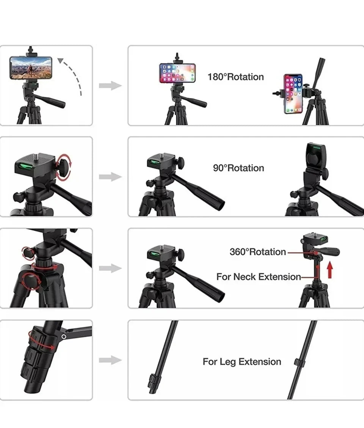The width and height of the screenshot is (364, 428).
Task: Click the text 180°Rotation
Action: tap(235, 77)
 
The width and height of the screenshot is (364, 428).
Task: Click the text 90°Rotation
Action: tap(238, 168)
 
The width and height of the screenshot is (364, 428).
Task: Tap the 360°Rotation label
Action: tap(257, 252)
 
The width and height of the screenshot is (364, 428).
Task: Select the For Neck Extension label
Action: tap(259, 277)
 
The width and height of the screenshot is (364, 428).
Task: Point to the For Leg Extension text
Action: tap(242, 362)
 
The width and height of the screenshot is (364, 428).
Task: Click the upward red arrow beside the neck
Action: tap(330, 271)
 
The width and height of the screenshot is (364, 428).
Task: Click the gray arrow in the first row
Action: tap(110, 86)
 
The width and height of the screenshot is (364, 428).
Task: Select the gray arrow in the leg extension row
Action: tap(110, 360)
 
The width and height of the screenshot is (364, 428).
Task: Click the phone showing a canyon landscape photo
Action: tap(31, 68)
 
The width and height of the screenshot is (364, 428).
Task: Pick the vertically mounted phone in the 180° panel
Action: tap(293, 94)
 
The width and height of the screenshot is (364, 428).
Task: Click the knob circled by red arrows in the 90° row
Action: tap(64, 167)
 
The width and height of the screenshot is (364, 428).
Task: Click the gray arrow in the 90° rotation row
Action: tap(110, 177)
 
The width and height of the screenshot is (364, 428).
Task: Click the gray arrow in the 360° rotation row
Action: tap(110, 268)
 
